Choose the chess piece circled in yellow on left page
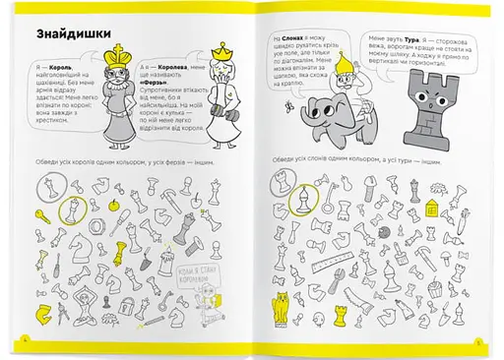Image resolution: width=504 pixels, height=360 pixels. click(75, 210)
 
